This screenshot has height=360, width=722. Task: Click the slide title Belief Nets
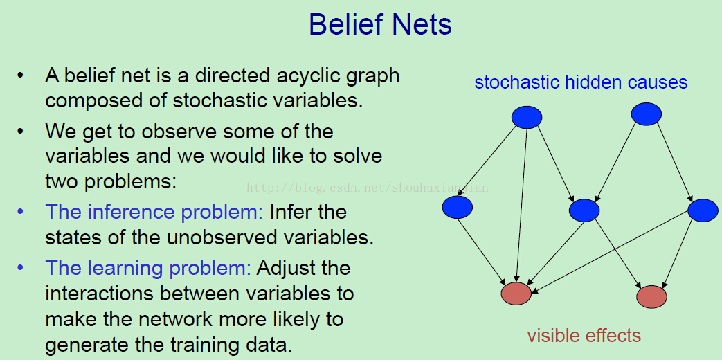[x=380, y=24]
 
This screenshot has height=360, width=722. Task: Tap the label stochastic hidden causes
[x=581, y=82]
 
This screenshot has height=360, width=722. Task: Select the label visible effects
[x=584, y=335]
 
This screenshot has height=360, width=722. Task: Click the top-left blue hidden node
[x=527, y=117]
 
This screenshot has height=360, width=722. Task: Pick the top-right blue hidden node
[x=647, y=114]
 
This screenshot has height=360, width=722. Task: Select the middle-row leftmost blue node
[x=458, y=207]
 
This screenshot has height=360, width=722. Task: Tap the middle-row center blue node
[x=584, y=210]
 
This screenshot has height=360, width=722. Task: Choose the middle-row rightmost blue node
[x=703, y=210]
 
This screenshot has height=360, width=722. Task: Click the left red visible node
[x=516, y=294]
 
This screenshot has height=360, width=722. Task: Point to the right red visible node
[x=651, y=296]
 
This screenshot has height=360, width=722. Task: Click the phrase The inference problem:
[x=154, y=213]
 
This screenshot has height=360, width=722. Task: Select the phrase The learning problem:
[x=148, y=268]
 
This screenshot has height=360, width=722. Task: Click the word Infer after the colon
[x=290, y=213]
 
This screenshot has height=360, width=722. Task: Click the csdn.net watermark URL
[x=368, y=188]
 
